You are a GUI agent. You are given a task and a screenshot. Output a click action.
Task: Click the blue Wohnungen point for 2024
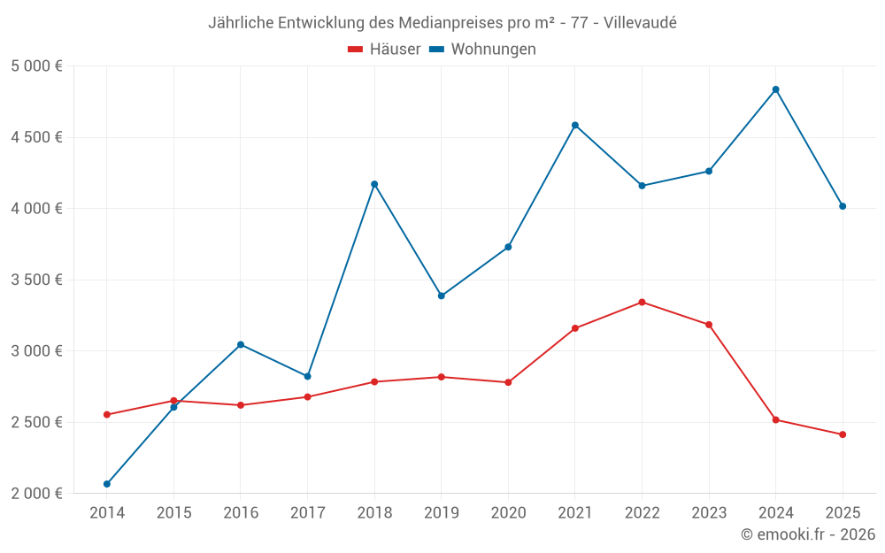[775, 89]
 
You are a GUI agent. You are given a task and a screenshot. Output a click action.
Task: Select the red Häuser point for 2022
[642, 303]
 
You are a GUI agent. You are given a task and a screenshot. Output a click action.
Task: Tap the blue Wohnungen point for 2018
[374, 184]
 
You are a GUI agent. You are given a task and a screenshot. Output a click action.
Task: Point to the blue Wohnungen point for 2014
[107, 484]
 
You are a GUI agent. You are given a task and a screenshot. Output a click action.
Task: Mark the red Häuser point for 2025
[843, 434]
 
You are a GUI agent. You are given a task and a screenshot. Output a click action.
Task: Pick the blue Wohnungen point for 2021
[575, 125]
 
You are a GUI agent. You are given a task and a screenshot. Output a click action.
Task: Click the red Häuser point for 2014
[107, 415]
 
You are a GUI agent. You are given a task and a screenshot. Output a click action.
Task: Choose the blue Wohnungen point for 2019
[441, 296]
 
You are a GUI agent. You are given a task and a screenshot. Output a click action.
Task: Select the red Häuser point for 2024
[775, 419]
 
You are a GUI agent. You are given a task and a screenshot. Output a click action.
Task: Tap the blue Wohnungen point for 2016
[241, 344]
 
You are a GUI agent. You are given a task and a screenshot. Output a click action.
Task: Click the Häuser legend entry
[384, 50]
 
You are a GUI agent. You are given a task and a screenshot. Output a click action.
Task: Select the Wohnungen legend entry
[483, 50]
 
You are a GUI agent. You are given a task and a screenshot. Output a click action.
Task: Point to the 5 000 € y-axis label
[36, 66]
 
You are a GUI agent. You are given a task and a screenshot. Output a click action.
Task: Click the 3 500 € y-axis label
[36, 280]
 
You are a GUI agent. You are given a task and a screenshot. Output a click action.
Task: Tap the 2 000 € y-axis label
[36, 494]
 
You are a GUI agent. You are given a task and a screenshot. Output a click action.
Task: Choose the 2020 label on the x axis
[508, 512]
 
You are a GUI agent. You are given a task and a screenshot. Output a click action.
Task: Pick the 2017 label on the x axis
[307, 512]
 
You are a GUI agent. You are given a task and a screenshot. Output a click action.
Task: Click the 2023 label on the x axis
[709, 512]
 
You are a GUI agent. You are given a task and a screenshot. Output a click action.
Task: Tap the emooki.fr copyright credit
[808, 534]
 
